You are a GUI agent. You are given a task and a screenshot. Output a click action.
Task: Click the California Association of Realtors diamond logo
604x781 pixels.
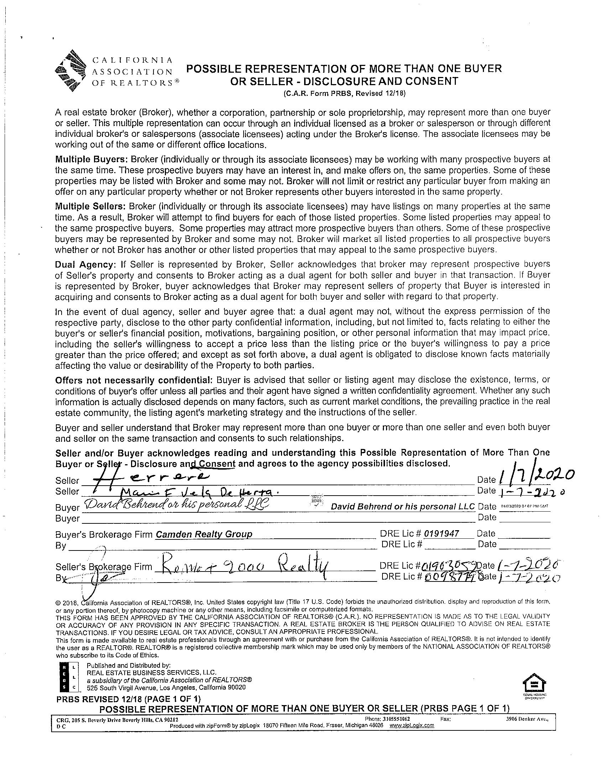tap(71, 71)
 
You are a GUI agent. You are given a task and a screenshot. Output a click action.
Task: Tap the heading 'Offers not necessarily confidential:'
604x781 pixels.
tap(134, 379)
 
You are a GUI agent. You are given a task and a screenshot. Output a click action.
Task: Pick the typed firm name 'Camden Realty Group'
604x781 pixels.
tap(204, 534)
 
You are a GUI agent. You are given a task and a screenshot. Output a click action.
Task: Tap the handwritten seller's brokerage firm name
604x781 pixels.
tap(243, 565)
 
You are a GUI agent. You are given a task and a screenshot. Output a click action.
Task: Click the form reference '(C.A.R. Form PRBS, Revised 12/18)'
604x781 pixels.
tap(344, 94)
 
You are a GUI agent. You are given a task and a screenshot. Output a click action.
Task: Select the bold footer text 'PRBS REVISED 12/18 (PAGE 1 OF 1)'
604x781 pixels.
tap(129, 698)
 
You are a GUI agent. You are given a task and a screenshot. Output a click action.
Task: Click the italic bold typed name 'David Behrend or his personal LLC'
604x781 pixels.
tap(403, 506)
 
